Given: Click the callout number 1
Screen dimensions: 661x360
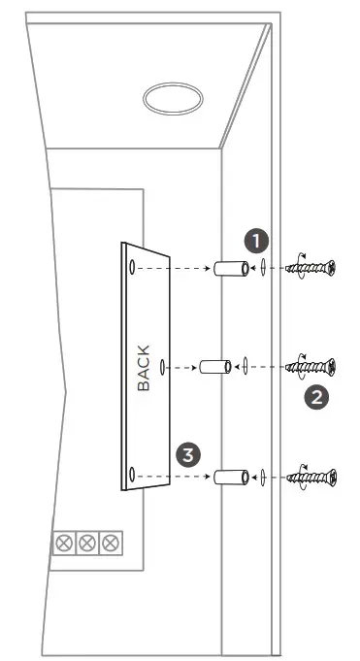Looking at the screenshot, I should [x=255, y=240].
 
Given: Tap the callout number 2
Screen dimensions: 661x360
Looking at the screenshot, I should [x=314, y=395].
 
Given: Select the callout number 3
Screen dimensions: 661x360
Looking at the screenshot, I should [x=190, y=452].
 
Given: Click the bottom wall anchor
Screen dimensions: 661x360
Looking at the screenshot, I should [x=230, y=477].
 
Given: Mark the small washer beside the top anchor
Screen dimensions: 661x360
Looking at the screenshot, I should [x=262, y=267].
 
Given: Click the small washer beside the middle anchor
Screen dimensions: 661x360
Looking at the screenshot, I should [x=245, y=367].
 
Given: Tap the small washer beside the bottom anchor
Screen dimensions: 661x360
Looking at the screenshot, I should [x=262, y=478].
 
